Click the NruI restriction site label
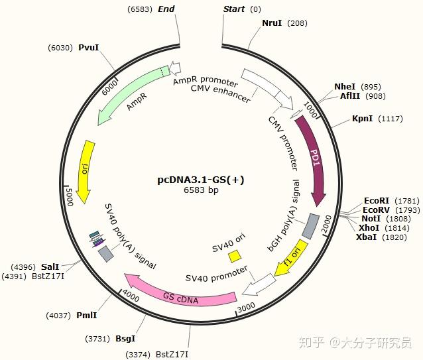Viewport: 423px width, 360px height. tap(272, 23)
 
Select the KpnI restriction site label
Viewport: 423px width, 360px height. tap(363, 119)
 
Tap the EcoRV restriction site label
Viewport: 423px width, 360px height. tap(376, 210)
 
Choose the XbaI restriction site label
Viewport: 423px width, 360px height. tap(367, 237)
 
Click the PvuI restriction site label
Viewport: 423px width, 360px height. tap(88, 48)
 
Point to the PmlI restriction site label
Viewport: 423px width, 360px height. tap(88, 316)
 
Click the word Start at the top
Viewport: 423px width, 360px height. tap(234, 9)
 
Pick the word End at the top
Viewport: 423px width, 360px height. tap(166, 9)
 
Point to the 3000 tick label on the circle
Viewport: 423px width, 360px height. tap(246, 306)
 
